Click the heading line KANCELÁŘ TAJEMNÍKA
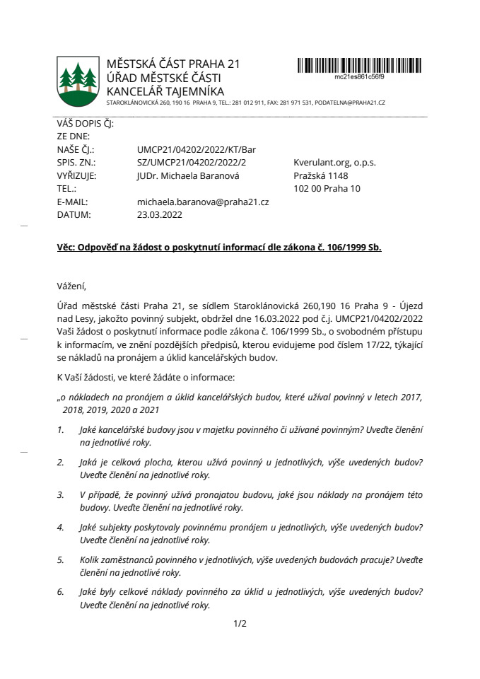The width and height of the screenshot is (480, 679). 165,91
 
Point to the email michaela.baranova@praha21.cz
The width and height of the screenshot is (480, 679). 203,202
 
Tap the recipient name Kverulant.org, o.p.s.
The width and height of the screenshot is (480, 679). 334,163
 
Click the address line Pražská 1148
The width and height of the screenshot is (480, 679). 320,175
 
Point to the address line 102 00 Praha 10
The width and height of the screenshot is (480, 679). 327,188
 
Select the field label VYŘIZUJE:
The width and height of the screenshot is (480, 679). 76,175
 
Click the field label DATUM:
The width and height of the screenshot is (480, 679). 73,214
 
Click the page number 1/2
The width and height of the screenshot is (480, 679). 240,624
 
